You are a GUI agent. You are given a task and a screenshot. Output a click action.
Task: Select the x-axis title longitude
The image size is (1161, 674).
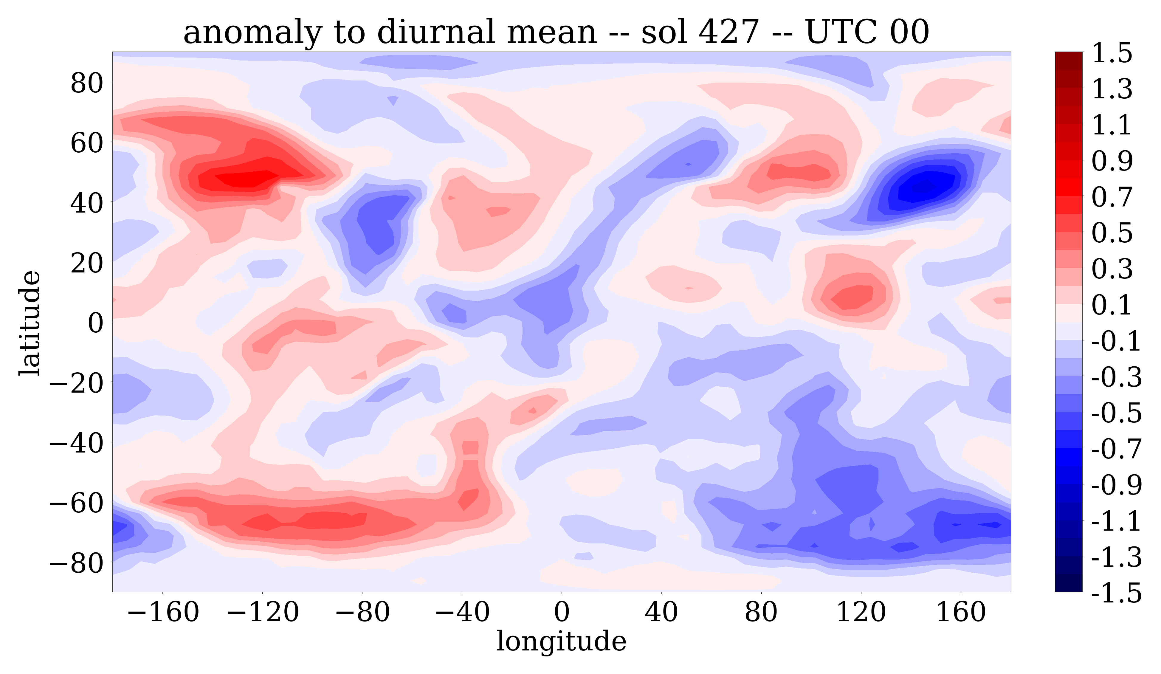pos(561,641)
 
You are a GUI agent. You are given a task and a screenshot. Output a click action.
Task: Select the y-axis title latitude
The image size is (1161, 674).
pos(30,323)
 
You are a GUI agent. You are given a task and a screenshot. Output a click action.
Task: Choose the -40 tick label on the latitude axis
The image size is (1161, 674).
pos(76,443)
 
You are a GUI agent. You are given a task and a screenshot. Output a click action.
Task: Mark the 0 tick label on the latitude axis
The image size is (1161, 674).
pos(96,323)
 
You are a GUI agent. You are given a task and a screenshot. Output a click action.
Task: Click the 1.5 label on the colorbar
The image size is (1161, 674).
pos(1112,53)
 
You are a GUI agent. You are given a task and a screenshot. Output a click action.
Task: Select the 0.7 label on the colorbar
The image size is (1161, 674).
pos(1112,197)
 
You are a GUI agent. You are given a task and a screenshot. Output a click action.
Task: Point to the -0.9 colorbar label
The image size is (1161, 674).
pos(1116,485)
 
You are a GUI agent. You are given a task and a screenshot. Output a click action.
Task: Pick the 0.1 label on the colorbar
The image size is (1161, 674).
pos(1112,305)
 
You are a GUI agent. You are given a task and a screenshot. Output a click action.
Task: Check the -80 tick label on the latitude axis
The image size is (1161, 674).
pos(76,563)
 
